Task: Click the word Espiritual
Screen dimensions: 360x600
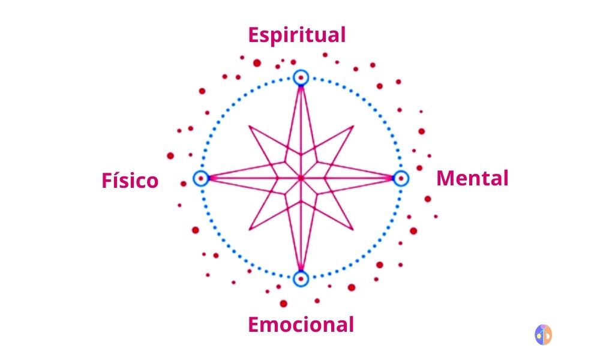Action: click(x=297, y=35)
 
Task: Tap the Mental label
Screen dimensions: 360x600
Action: click(x=472, y=178)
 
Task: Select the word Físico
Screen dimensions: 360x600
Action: click(x=130, y=181)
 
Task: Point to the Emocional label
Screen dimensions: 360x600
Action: click(x=301, y=325)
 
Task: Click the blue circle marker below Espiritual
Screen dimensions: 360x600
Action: click(x=301, y=77)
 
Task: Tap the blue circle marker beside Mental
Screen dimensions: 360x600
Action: click(x=401, y=178)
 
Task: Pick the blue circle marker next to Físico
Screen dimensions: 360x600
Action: click(x=201, y=178)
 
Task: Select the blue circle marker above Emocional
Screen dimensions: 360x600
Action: click(x=301, y=278)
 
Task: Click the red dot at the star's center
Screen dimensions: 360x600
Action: click(x=301, y=178)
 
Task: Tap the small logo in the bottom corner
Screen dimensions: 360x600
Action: click(x=543, y=334)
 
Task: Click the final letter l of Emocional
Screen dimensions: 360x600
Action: click(x=350, y=325)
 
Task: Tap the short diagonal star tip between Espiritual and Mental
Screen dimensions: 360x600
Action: click(x=352, y=127)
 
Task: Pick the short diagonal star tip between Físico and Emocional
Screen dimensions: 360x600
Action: click(x=250, y=229)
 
